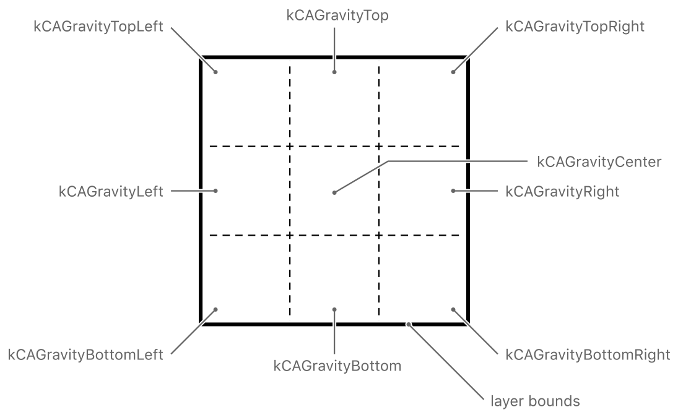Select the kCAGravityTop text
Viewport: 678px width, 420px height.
coord(337,16)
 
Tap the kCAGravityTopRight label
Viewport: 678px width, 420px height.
coord(575,27)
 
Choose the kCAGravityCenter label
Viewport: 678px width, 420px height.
coord(600,162)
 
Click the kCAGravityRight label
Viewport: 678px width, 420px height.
coord(562,191)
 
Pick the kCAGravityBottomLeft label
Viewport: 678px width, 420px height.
coord(85,355)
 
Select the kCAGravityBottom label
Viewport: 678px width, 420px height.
coord(337,366)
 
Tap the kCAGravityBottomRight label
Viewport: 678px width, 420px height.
coord(588,355)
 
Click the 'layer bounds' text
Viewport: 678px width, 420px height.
coord(531,401)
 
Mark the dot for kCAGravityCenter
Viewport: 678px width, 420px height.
coord(334,192)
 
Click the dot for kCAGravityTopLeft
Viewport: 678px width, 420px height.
coord(215,72)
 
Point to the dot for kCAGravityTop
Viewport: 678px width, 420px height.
coord(334,72)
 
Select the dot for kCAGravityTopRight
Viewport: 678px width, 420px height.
coord(453,72)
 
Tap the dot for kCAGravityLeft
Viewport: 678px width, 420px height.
coord(215,191)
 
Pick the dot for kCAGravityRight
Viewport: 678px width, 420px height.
coord(453,191)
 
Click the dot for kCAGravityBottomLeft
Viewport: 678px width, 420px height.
coord(215,309)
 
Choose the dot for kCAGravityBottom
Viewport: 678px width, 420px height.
coord(334,309)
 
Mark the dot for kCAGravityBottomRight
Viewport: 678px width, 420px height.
coord(453,309)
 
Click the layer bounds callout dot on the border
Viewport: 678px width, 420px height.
coord(408,324)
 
